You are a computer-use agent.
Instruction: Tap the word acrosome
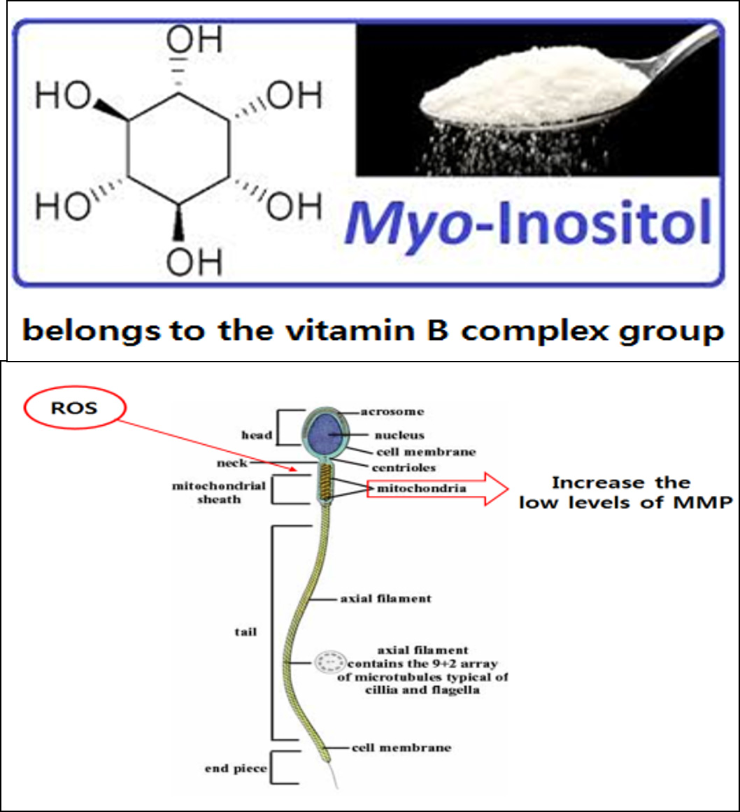tap(393, 411)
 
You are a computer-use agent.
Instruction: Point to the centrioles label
tap(404, 466)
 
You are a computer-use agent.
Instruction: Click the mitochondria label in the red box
tap(421, 489)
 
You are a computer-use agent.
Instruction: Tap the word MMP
tap(699, 502)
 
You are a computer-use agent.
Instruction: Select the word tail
tap(246, 632)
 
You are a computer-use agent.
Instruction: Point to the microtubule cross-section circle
tap(326, 660)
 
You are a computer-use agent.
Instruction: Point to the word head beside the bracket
tap(257, 435)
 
